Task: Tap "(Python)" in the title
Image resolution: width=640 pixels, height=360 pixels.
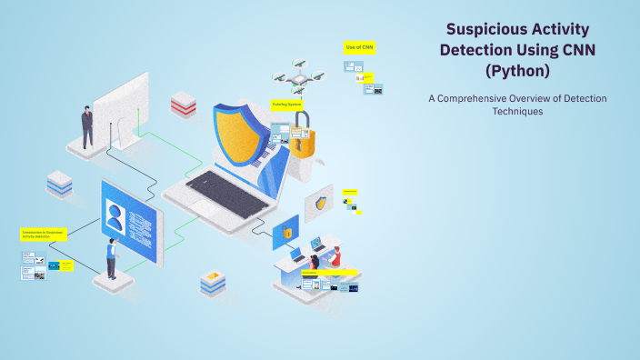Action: pos(517,70)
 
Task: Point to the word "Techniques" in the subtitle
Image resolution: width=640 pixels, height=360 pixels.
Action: pos(517,111)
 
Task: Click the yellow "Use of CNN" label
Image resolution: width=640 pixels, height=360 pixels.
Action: pos(359,46)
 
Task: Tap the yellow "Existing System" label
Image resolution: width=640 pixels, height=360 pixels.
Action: pos(287,105)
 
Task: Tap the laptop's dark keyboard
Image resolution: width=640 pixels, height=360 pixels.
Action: pos(224,187)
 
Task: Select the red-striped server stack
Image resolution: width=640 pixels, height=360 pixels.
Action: pos(184,105)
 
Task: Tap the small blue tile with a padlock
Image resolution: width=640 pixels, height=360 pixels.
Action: pos(286,232)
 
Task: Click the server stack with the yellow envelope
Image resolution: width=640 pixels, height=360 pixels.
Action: pos(214,283)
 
